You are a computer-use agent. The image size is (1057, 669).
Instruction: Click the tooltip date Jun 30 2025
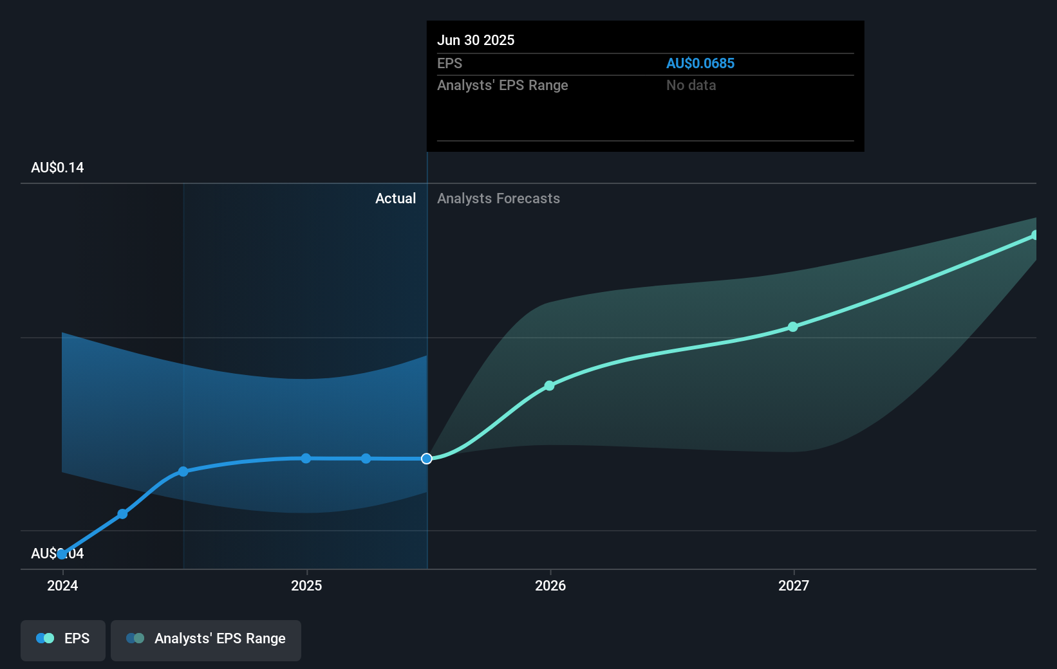coord(476,40)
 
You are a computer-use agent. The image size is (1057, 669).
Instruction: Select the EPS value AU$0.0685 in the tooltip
coord(700,63)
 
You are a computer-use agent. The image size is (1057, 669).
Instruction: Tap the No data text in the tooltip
coord(691,85)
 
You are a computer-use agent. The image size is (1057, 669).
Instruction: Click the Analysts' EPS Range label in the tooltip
coord(502,85)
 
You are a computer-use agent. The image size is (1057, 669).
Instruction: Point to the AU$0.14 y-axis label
coord(57,167)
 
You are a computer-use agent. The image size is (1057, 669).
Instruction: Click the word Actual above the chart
coord(395,198)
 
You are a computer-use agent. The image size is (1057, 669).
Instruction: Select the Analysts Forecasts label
coord(498,198)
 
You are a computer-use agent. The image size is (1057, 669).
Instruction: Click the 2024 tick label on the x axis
coord(62,585)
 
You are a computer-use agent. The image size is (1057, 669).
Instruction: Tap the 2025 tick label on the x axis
coord(306,585)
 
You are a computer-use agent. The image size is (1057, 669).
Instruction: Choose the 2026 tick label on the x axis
coord(550,585)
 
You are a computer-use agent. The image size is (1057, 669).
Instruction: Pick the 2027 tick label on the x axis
coord(794,585)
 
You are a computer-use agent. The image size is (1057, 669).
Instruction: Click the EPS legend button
coord(63,639)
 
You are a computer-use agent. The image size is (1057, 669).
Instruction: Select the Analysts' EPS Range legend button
coord(206,639)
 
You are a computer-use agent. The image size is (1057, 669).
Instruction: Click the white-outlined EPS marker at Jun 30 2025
coord(427,459)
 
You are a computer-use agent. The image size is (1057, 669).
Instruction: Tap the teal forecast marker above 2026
coord(549,386)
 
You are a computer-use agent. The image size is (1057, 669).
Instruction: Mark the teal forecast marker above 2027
coord(793,327)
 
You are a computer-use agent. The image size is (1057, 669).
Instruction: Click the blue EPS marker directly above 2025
coord(306,459)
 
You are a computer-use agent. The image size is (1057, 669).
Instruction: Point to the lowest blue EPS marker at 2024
coord(62,554)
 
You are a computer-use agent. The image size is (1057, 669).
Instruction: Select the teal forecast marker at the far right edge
coord(1034,235)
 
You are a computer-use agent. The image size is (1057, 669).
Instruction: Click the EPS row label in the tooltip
coord(449,63)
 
